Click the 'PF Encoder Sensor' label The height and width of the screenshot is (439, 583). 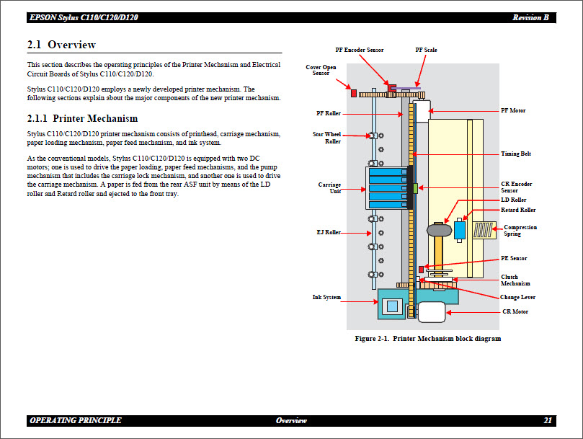[359, 50]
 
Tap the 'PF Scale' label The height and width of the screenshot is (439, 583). [426, 50]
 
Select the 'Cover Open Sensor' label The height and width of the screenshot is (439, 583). [321, 70]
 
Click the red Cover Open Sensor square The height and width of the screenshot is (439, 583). [353, 92]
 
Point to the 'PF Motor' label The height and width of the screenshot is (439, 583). [513, 111]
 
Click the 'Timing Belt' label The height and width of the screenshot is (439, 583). [515, 154]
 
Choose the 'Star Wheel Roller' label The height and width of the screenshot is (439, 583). [326, 138]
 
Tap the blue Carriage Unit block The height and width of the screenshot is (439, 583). [386, 187]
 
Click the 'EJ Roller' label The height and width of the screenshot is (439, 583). [329, 232]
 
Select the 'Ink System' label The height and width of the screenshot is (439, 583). [326, 297]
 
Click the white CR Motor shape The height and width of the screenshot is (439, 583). [431, 312]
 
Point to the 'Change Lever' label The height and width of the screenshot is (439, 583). [517, 297]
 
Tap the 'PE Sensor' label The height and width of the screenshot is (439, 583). [514, 258]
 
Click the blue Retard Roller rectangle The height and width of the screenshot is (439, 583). [460, 229]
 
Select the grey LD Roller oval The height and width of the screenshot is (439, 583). [438, 230]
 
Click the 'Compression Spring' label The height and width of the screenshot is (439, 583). [520, 231]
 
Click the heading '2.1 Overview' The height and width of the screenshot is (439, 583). [61, 45]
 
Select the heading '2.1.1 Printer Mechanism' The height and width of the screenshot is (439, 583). [82, 118]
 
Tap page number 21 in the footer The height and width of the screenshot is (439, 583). [548, 420]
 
